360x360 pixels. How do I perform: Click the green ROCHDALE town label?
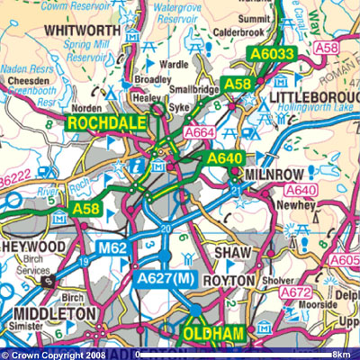coord(103,123)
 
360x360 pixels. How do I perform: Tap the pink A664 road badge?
coord(201,133)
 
